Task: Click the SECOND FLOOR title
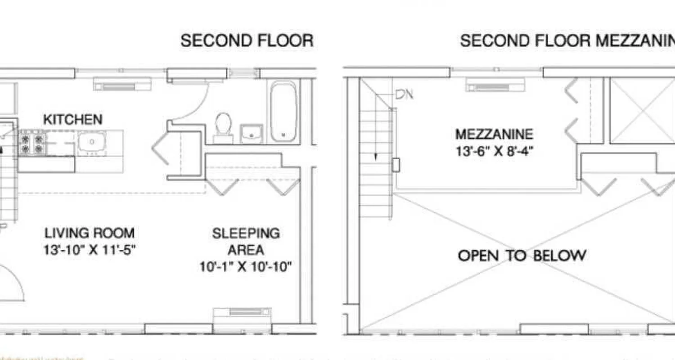tap(247, 40)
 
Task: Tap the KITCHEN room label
tap(72, 120)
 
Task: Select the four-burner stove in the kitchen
tap(32, 143)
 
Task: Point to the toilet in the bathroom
tap(223, 126)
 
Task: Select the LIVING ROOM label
tap(89, 233)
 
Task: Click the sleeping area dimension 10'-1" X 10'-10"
tap(246, 267)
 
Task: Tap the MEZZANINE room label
tap(494, 134)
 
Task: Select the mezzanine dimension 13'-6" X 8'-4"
tap(494, 151)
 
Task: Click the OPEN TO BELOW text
tap(522, 256)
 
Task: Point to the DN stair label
tap(404, 95)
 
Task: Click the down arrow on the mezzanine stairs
tap(374, 155)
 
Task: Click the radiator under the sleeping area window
tap(242, 312)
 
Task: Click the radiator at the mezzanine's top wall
tap(495, 85)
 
